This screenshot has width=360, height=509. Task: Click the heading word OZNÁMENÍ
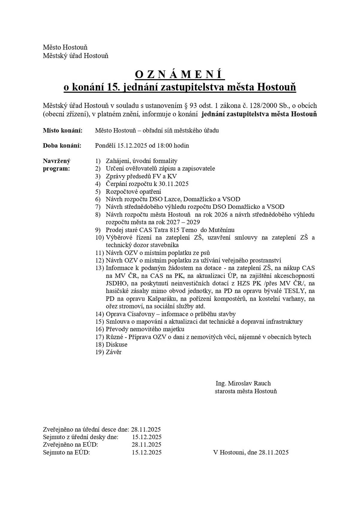click(180, 74)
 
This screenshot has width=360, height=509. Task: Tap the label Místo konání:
click(62, 130)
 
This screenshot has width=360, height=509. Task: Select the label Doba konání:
click(62, 146)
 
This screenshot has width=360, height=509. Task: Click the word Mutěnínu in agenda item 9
click(221, 230)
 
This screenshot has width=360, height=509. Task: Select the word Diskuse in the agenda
click(116, 344)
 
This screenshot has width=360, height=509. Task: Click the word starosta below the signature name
click(225, 391)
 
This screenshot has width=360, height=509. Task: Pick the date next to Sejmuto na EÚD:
click(146, 452)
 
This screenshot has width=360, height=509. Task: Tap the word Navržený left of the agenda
click(57, 161)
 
